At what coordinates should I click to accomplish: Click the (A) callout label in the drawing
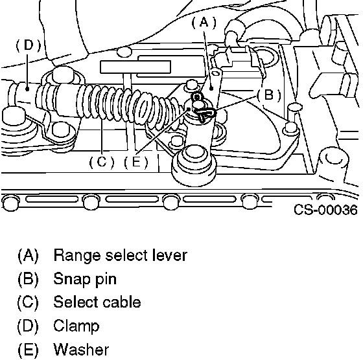pyautogui.click(x=204, y=23)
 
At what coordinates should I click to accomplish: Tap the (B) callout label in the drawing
pyautogui.click(x=269, y=95)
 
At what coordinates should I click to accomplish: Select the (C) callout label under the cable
pyautogui.click(x=102, y=162)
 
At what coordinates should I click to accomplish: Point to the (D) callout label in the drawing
pyautogui.click(x=29, y=45)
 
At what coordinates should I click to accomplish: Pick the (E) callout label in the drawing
pyautogui.click(x=136, y=162)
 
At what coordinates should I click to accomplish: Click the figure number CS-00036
pyautogui.click(x=325, y=210)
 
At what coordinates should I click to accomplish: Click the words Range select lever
pyautogui.click(x=120, y=255)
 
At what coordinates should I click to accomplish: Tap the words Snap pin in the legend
pyautogui.click(x=85, y=279)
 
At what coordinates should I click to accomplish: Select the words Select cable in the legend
pyautogui.click(x=97, y=302)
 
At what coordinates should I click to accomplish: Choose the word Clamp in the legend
pyautogui.click(x=76, y=326)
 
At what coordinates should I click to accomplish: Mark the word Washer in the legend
pyautogui.click(x=81, y=349)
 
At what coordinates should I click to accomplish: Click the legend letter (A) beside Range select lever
pyautogui.click(x=28, y=256)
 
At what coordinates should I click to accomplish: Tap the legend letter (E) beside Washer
pyautogui.click(x=28, y=350)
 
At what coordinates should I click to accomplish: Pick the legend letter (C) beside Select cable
pyautogui.click(x=28, y=302)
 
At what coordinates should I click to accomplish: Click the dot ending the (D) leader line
pyautogui.click(x=27, y=89)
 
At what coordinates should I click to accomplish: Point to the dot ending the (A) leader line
pyautogui.click(x=211, y=89)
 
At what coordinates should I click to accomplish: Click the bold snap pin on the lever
pyautogui.click(x=204, y=113)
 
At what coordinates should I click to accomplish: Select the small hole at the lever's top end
pyautogui.click(x=215, y=73)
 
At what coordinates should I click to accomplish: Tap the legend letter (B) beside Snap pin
pyautogui.click(x=28, y=279)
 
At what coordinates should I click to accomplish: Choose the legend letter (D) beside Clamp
pyautogui.click(x=28, y=326)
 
